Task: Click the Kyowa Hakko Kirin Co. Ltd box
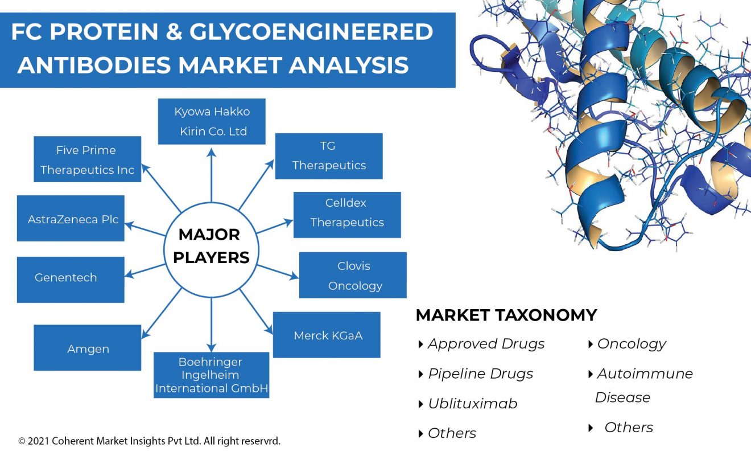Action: (212, 121)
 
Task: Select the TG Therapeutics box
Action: (329, 156)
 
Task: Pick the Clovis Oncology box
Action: (353, 275)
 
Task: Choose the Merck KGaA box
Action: (327, 335)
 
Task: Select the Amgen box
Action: (88, 348)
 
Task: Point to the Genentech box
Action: (71, 279)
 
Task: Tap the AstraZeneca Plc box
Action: (71, 218)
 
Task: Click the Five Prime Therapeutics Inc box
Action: (88, 159)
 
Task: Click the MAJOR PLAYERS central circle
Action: (211, 245)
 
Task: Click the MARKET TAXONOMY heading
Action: (506, 315)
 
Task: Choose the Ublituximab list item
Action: (472, 404)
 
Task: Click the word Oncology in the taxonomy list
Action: (631, 344)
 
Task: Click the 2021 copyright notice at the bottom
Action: (150, 441)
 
